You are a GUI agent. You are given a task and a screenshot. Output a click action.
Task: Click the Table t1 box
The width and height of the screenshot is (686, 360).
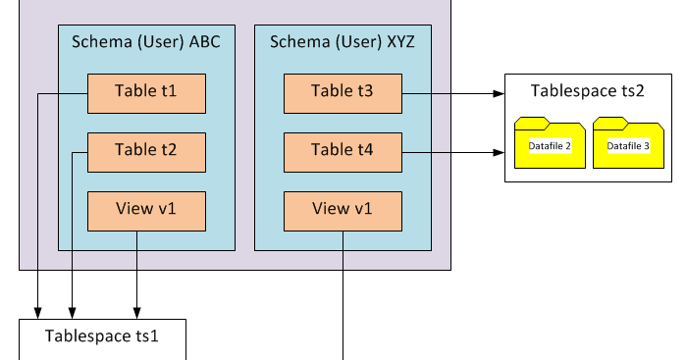146,93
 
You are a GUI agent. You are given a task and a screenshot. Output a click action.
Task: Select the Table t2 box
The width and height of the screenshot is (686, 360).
146,151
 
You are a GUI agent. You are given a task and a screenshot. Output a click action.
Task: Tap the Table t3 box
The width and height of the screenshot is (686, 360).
343,93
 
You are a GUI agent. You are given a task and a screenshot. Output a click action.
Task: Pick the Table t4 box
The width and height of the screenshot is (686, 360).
343,151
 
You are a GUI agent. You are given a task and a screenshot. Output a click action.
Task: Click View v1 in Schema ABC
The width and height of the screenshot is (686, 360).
146,210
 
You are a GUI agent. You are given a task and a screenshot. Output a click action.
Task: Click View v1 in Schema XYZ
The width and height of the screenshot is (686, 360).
343,210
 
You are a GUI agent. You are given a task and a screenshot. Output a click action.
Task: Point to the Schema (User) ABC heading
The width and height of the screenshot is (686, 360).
146,42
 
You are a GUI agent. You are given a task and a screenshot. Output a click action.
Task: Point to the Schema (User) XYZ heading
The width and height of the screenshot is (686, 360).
343,42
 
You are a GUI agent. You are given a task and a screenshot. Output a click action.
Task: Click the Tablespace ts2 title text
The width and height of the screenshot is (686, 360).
587,91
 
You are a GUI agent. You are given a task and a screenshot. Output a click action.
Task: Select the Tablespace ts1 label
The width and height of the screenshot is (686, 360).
102,336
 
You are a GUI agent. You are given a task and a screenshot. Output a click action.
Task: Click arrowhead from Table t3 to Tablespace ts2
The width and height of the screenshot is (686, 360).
499,94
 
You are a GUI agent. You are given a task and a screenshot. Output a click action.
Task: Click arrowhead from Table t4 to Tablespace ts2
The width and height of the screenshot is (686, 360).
499,152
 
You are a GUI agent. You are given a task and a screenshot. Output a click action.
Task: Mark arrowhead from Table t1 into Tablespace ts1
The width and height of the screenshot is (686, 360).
38,312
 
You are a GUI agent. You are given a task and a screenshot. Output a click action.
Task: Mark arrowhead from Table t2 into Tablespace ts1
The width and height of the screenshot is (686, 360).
74,312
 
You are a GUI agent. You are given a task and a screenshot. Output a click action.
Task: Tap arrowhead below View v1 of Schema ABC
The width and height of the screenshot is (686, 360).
136,312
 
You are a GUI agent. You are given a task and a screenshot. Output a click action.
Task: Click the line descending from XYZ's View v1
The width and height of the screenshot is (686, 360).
343,294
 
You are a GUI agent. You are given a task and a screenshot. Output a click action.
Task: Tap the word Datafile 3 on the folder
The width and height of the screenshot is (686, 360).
627,146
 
